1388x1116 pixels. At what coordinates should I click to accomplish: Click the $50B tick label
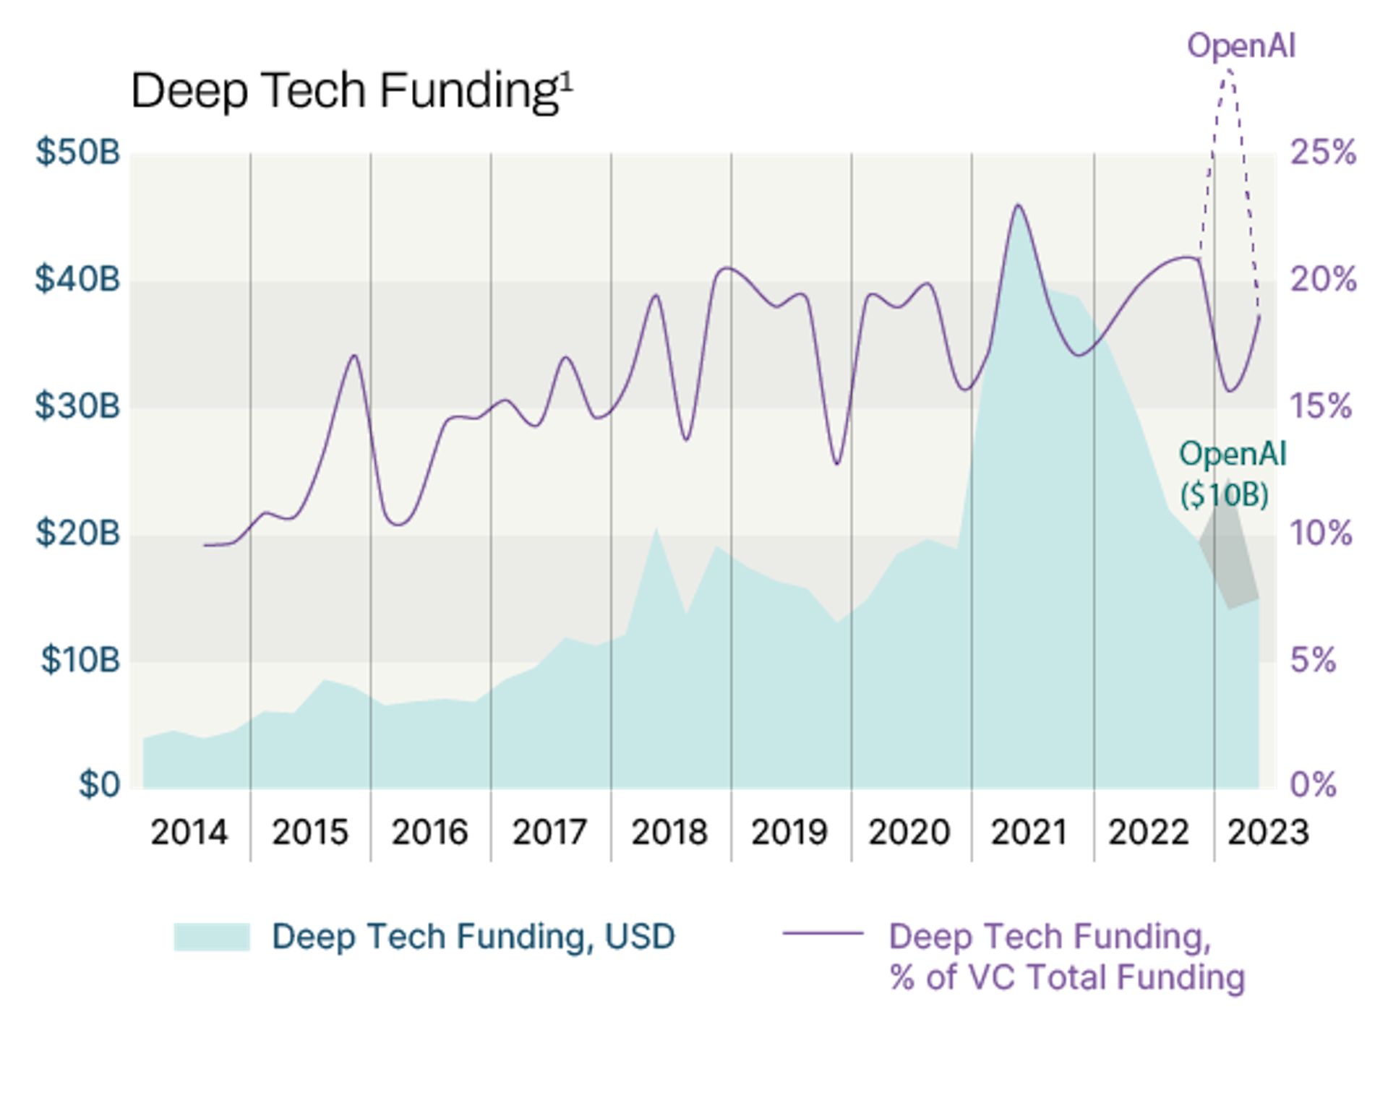click(78, 153)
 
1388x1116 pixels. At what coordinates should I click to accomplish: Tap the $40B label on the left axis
click(78, 279)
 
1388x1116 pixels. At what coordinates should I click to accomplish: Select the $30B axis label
click(78, 406)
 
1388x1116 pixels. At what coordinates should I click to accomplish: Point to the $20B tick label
click(78, 533)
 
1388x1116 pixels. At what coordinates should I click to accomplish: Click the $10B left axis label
click(80, 660)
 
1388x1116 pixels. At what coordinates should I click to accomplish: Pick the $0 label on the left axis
click(100, 785)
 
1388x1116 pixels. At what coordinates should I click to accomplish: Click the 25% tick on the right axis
click(1323, 153)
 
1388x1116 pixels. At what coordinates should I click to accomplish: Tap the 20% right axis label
click(1323, 279)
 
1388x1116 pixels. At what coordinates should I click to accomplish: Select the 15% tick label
click(1320, 406)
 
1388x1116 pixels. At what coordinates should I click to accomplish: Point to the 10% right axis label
click(1321, 533)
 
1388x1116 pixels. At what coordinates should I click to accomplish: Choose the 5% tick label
click(1313, 660)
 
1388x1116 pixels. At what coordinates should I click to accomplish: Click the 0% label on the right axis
click(1313, 785)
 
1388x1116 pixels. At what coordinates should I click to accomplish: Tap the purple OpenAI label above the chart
click(1241, 46)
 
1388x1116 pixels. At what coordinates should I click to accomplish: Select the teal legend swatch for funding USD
click(212, 937)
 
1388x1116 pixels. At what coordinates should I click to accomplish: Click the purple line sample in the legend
click(823, 933)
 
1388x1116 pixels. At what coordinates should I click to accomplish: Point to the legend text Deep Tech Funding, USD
click(473, 937)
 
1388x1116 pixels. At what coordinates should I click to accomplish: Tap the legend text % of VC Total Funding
click(1067, 978)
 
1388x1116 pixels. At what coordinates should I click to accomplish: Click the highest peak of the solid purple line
click(1018, 206)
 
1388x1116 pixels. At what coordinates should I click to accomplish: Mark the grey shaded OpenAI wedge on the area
click(1229, 557)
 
